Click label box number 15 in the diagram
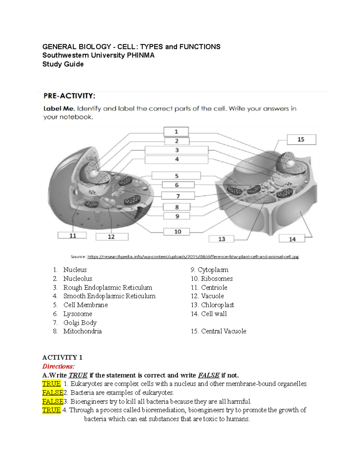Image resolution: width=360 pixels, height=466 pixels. pos(301,140)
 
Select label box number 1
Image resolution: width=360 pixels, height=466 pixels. pos(176,131)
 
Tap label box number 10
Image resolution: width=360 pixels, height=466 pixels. pos(177,232)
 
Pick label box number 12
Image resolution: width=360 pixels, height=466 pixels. pos(112,237)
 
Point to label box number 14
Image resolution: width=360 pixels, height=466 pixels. pos(292,239)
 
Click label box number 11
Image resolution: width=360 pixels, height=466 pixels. pos(72,236)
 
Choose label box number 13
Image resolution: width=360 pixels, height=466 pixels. pos(221,239)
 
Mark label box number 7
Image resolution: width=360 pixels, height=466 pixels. pos(178,196)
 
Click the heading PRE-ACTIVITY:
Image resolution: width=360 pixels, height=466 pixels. pos(69,96)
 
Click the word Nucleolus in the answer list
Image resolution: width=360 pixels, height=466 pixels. pos(78,278)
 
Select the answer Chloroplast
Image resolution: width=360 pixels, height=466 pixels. pos(217,305)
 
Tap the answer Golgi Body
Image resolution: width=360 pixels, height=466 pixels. pos(80,323)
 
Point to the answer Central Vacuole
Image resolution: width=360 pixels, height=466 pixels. pos(223,331)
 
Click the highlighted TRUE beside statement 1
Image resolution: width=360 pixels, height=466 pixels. pos(51,384)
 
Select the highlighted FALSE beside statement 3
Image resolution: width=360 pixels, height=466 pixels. pos(53,401)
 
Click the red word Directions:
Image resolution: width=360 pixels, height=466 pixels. pos(58,366)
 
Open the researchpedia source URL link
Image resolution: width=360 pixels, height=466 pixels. pos(193,257)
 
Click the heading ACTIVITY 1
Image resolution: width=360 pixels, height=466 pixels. pos(62,357)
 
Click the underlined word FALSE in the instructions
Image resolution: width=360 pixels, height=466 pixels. pos(208,375)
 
